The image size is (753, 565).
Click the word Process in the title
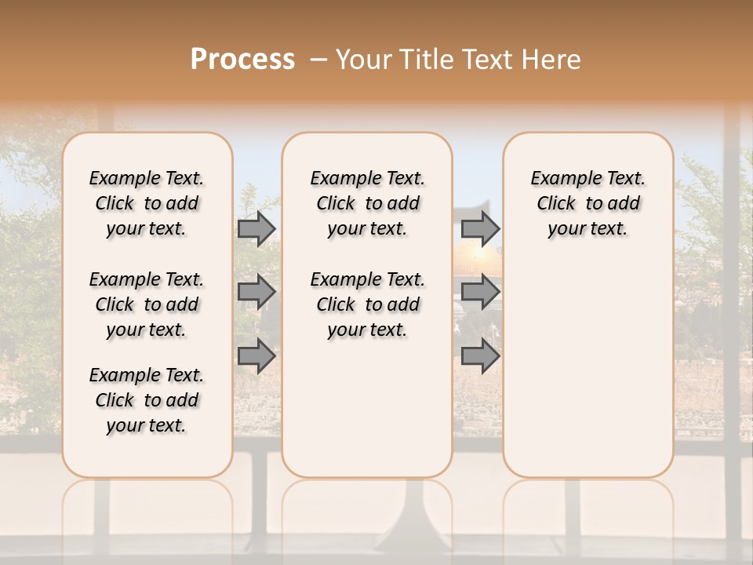(x=242, y=59)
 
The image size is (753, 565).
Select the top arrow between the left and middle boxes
(x=256, y=228)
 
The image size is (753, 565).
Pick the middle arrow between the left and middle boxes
(x=256, y=292)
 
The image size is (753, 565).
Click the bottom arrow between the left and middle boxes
(x=256, y=355)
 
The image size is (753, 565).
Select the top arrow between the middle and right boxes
(x=480, y=228)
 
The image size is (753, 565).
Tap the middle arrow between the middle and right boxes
(x=480, y=292)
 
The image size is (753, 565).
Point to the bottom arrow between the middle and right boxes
(x=480, y=355)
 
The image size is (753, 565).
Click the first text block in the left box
(x=147, y=203)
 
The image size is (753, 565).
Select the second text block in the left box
(x=147, y=304)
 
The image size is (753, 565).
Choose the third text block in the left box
(x=147, y=400)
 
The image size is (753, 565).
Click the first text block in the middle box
(x=367, y=203)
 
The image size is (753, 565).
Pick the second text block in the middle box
(x=367, y=304)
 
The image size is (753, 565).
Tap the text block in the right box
(x=587, y=203)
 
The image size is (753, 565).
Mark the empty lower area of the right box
(x=587, y=361)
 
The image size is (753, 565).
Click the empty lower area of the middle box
(x=367, y=408)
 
